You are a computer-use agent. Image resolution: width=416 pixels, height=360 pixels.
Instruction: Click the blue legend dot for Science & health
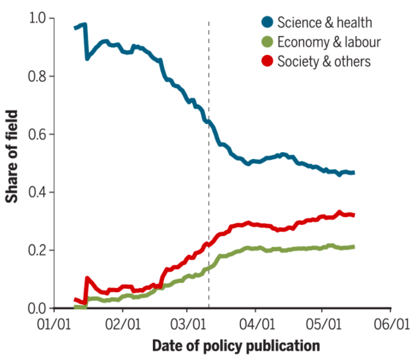pyautogui.click(x=267, y=23)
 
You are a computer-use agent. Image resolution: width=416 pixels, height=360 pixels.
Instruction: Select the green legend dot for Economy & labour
pyautogui.click(x=267, y=42)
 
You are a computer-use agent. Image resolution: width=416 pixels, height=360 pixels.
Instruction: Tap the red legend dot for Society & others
pyautogui.click(x=267, y=61)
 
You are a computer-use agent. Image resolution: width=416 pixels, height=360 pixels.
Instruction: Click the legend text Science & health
pyautogui.click(x=325, y=23)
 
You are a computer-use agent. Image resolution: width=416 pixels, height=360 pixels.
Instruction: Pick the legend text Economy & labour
pyautogui.click(x=329, y=42)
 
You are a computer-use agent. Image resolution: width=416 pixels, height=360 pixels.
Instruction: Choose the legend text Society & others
pyautogui.click(x=324, y=61)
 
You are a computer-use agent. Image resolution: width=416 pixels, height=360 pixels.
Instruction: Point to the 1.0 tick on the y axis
pyautogui.click(x=37, y=18)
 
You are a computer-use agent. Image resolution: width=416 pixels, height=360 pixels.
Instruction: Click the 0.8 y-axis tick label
pyautogui.click(x=37, y=76)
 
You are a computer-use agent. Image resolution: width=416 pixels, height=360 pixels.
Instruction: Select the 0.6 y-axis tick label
pyautogui.click(x=37, y=134)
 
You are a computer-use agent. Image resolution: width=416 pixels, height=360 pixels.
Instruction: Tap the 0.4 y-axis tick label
pyautogui.click(x=37, y=193)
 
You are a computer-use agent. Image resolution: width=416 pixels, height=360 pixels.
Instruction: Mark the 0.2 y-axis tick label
pyautogui.click(x=37, y=251)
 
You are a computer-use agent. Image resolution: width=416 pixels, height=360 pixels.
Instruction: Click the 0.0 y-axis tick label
pyautogui.click(x=37, y=308)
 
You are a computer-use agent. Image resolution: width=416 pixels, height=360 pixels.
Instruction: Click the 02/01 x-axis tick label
pyautogui.click(x=122, y=322)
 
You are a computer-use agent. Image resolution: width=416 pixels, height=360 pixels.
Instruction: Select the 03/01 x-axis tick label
pyautogui.click(x=189, y=322)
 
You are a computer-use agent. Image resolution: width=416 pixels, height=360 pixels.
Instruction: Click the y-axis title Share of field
pyautogui.click(x=12, y=156)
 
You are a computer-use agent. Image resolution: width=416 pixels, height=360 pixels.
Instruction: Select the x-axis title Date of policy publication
pyautogui.click(x=236, y=346)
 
